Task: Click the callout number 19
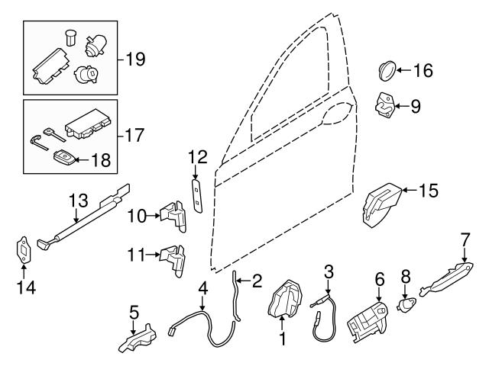[x=134, y=59]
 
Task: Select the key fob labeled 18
[x=61, y=159]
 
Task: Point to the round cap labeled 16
[x=387, y=71]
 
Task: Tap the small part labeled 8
[x=407, y=306]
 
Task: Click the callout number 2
[x=257, y=281]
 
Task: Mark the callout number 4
[x=202, y=288]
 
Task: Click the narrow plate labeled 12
[x=196, y=197]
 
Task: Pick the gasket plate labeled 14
[x=22, y=250]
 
